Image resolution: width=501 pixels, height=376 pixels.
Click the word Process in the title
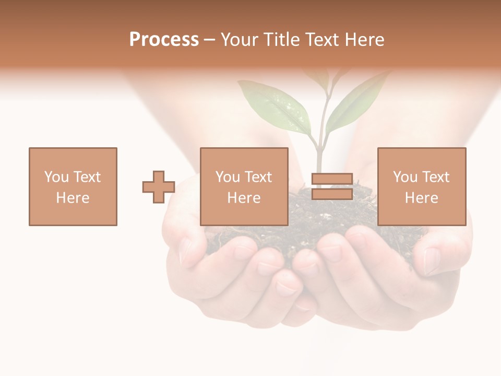pos(164,40)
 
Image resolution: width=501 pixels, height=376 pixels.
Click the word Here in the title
pos(365,40)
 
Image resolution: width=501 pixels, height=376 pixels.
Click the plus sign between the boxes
pos(159,187)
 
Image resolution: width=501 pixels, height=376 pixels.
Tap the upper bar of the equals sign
pos(332,180)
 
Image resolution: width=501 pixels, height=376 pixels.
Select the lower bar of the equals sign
pos(332,194)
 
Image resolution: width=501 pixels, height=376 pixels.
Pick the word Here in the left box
pos(73,198)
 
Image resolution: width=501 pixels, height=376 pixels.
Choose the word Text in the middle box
pos(258,177)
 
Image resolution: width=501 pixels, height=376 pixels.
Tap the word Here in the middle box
pos(244,198)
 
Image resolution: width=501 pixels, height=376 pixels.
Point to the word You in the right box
pos(405,177)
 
